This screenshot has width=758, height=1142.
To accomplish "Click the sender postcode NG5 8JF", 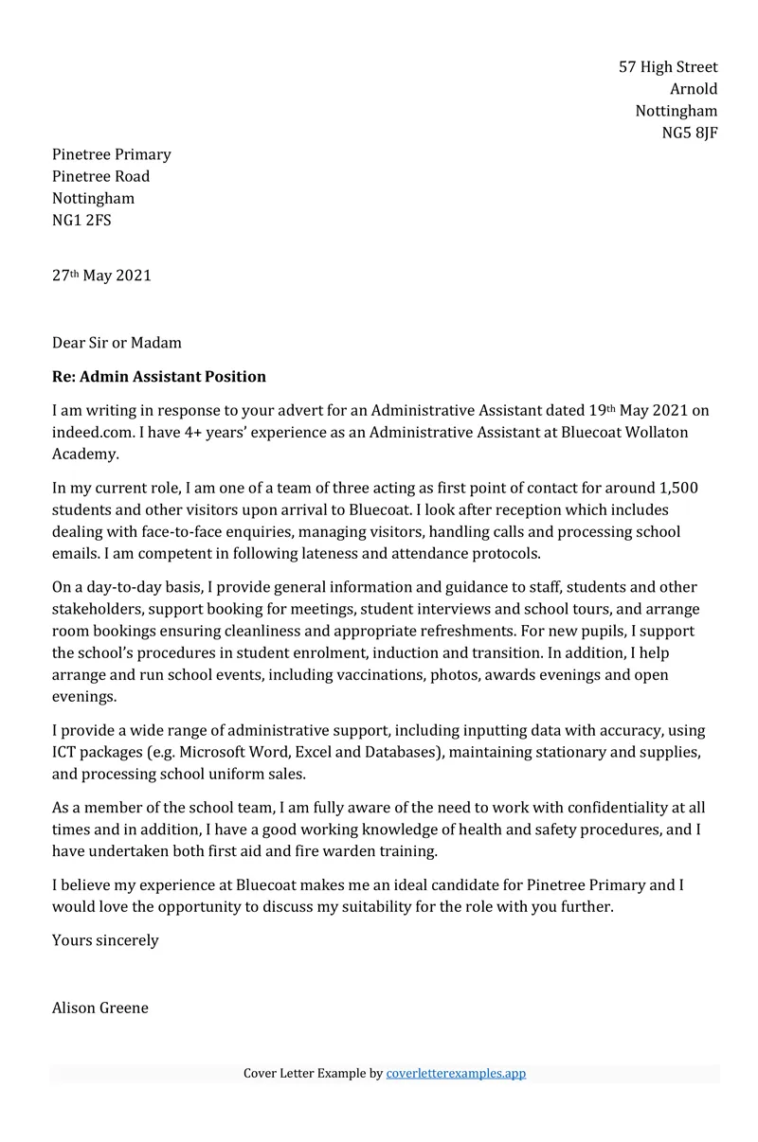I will click(x=689, y=133).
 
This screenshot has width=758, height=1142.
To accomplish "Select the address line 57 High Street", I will click(x=668, y=67).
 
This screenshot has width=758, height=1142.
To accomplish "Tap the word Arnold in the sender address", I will click(x=694, y=89).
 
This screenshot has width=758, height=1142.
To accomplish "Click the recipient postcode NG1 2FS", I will click(x=81, y=221).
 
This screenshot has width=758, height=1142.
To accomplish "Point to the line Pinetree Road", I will click(x=100, y=176).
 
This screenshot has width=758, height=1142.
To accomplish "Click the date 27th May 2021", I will click(x=101, y=277).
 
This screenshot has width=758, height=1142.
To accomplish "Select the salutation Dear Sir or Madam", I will click(x=117, y=343).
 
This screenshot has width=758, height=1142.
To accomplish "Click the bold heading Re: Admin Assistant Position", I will click(x=158, y=377).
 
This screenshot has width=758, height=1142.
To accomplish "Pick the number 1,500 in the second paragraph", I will click(x=677, y=489).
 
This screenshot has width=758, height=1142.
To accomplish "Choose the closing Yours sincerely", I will click(x=105, y=940).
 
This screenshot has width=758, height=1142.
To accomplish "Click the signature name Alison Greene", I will click(x=99, y=1008).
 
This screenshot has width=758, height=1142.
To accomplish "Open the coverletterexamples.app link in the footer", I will click(x=456, y=1074).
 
